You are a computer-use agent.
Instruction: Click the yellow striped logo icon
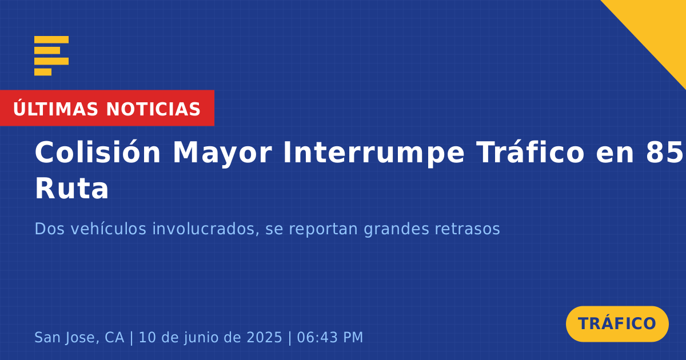pyautogui.click(x=51, y=56)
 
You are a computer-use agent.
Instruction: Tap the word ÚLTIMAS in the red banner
pyautogui.click(x=55, y=109)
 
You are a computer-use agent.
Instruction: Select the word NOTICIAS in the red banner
pyautogui.click(x=153, y=109)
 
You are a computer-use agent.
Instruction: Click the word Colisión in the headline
pyautogui.click(x=98, y=152)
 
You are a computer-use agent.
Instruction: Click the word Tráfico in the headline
pyautogui.click(x=530, y=152)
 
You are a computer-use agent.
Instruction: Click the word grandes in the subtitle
pyautogui.click(x=396, y=229)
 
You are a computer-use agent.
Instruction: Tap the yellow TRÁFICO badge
pyautogui.click(x=617, y=323)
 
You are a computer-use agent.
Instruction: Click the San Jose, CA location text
pyautogui.click(x=79, y=337)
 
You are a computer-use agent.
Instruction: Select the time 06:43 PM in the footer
pyautogui.click(x=330, y=337)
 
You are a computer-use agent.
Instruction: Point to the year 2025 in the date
pyautogui.click(x=264, y=337)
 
